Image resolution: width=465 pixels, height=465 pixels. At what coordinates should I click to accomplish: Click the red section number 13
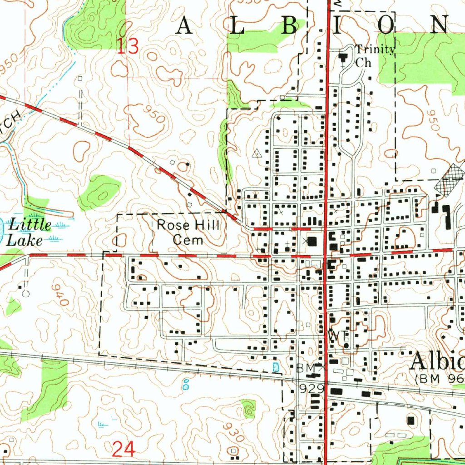pos(128,47)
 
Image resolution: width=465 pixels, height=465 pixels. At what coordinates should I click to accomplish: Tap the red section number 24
pos(123,450)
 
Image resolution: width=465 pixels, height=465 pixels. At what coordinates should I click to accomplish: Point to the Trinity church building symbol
pos(343,57)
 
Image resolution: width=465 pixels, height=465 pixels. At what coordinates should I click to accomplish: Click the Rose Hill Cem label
pos(188,232)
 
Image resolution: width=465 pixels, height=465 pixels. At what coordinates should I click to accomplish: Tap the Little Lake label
pos(29,232)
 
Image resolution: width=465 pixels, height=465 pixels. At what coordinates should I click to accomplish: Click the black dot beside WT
pos(346,346)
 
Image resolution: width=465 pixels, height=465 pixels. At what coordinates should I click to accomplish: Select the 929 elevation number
pos(311,389)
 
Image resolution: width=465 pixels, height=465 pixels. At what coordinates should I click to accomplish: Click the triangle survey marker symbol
pos(257,153)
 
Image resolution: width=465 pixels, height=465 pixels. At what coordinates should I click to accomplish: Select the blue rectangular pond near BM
pos(276,366)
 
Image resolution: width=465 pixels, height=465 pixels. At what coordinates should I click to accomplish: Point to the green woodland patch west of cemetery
pos(99,192)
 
